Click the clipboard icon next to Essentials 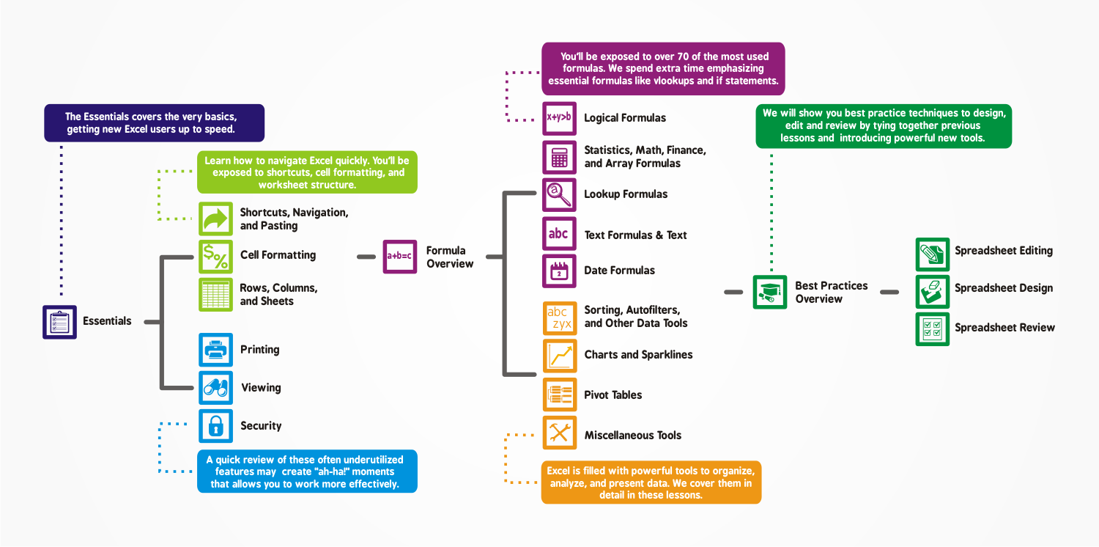pyautogui.click(x=59, y=322)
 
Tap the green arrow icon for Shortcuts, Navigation pyautogui.click(x=215, y=219)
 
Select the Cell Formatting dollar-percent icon pyautogui.click(x=215, y=256)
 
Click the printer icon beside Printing pyautogui.click(x=215, y=350)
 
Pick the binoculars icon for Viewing pyautogui.click(x=215, y=388)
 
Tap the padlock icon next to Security pyautogui.click(x=215, y=426)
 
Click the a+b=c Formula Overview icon pyautogui.click(x=400, y=257)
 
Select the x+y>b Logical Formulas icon pyautogui.click(x=559, y=118)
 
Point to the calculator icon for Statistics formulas pyautogui.click(x=559, y=157)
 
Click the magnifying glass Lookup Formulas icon pyautogui.click(x=559, y=194)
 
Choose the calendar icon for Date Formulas pyautogui.click(x=559, y=271)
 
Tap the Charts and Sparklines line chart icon pyautogui.click(x=560, y=356)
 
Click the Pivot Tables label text pyautogui.click(x=613, y=395)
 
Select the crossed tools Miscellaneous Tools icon pyautogui.click(x=560, y=433)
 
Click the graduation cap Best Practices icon pyautogui.click(x=770, y=292)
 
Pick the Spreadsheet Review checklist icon pyautogui.click(x=933, y=328)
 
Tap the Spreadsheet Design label pyautogui.click(x=1003, y=288)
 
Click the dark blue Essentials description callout pyautogui.click(x=154, y=122)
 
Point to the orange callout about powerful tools pyautogui.click(x=651, y=482)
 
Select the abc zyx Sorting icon pyautogui.click(x=560, y=317)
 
